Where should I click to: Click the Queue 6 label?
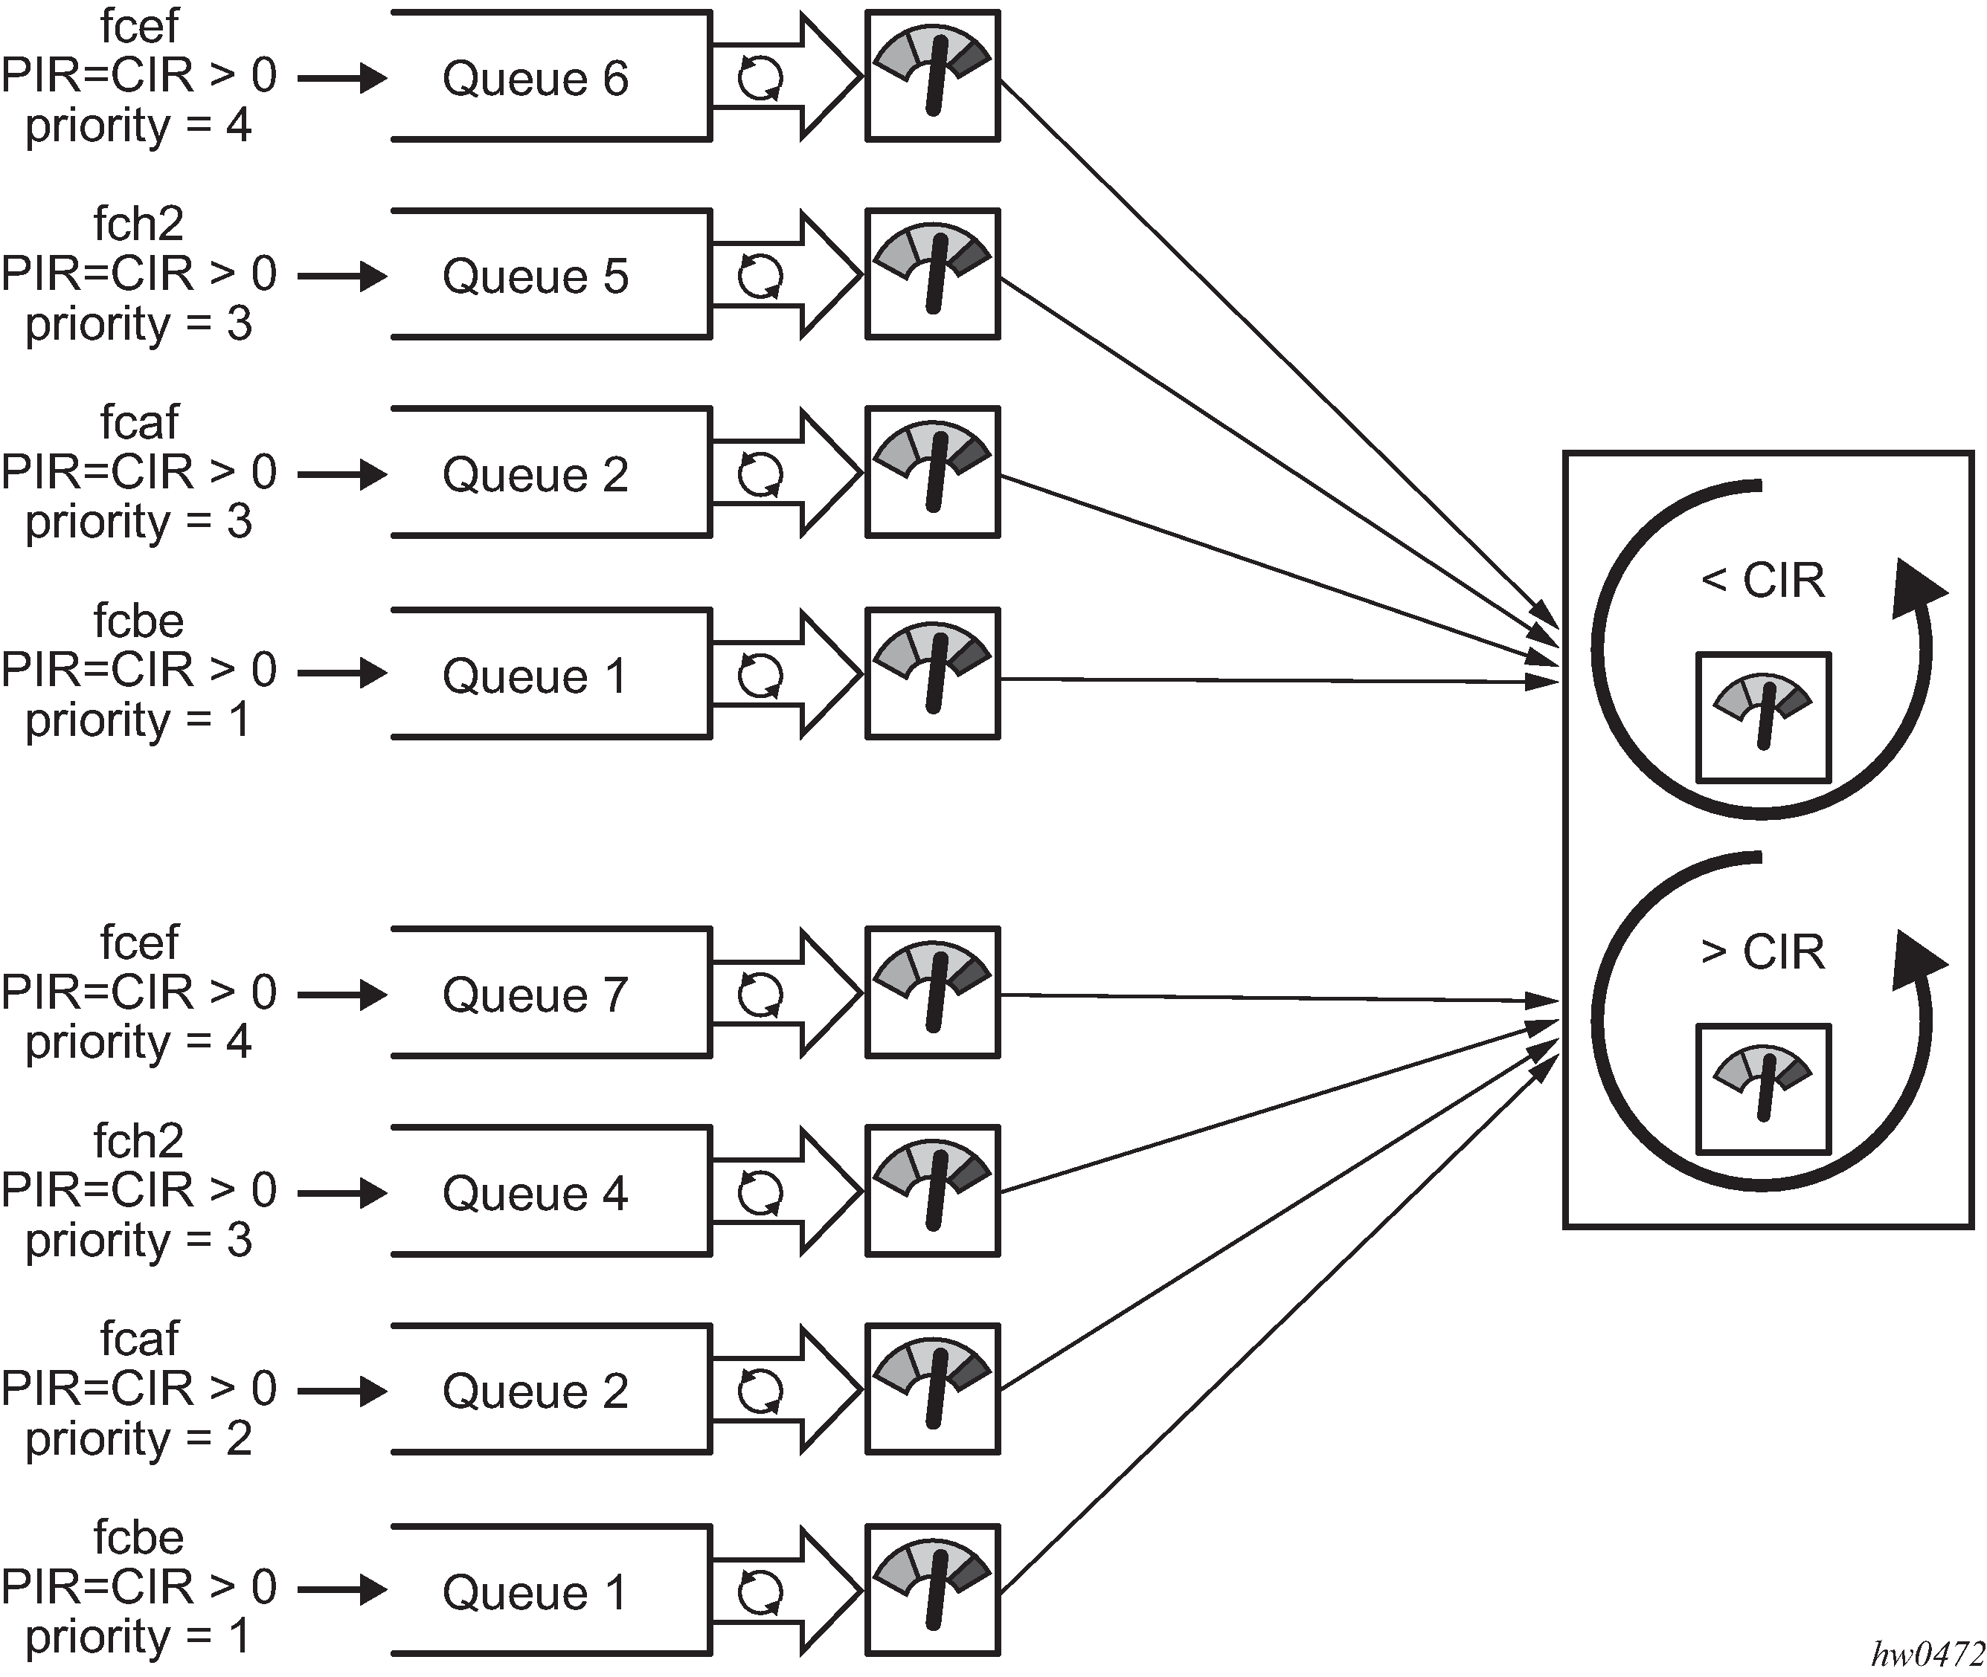535,78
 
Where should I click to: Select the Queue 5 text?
535,277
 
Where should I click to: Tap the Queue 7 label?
535,995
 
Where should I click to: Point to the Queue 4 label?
535,1194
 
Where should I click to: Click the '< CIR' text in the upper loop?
1762,580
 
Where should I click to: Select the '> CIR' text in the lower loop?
1762,951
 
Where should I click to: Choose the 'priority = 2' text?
138,1439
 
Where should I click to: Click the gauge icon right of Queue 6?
932,76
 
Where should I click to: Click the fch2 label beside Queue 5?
138,224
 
